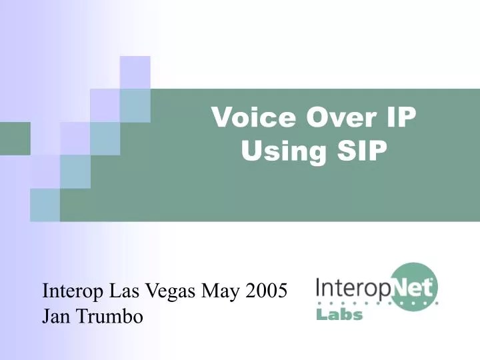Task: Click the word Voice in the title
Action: point(254,117)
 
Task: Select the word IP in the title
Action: point(401,117)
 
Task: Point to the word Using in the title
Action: point(283,151)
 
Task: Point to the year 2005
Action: point(266,291)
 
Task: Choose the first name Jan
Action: point(57,316)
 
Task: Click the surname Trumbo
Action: point(110,315)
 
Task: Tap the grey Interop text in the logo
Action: point(353,288)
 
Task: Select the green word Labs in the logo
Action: point(339,315)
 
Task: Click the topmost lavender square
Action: point(135,73)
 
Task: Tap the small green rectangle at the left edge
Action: point(15,139)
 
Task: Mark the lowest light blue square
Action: point(45,205)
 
